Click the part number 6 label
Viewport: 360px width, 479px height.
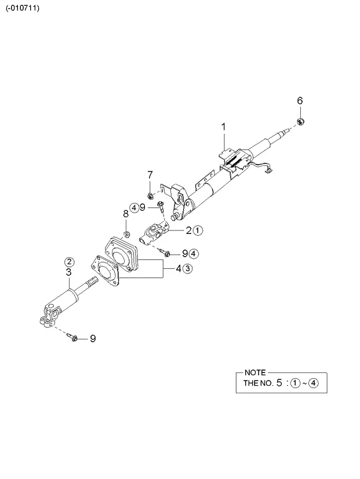tap(300, 101)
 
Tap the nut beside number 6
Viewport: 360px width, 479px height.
tap(300, 121)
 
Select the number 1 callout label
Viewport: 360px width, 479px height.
tap(224, 127)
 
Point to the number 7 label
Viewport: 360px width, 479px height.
tap(150, 175)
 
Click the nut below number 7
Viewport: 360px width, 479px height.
tap(150, 195)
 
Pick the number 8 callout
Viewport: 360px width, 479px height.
tap(126, 214)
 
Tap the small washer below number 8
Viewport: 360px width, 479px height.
tap(126, 235)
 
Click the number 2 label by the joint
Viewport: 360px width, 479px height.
tap(189, 231)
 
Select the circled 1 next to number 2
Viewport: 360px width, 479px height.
tap(198, 231)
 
